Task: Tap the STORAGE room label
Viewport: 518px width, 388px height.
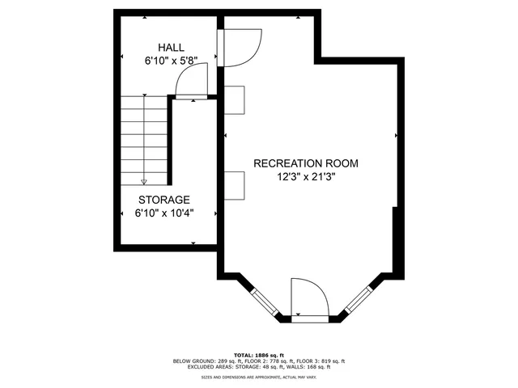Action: [x=163, y=200]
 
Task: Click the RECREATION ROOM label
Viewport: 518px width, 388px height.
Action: [x=305, y=163]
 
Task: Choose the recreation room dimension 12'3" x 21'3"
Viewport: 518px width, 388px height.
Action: [x=305, y=176]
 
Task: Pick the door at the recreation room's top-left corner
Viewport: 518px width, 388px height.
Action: [x=241, y=47]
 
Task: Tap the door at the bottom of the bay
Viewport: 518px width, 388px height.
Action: [x=308, y=299]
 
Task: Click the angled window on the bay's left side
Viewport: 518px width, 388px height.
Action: [x=263, y=300]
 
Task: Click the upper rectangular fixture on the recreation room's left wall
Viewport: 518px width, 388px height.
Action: [x=234, y=99]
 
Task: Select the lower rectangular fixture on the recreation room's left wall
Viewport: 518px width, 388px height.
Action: [x=234, y=184]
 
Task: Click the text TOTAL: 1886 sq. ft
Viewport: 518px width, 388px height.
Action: [x=258, y=355]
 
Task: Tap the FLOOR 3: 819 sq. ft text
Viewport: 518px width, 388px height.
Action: [x=321, y=361]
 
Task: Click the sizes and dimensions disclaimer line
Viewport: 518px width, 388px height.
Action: [x=258, y=376]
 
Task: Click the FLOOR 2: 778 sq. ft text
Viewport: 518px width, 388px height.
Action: [x=264, y=361]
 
